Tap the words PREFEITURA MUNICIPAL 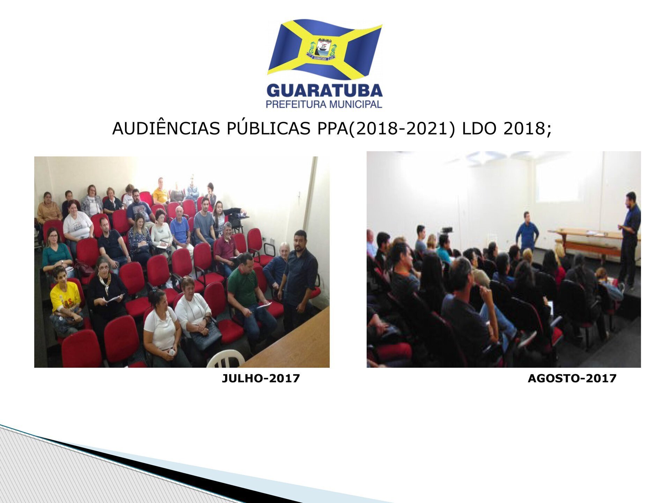coord(324,104)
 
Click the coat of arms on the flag coord(321,50)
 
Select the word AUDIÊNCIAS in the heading coord(166,129)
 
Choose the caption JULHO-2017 coord(261,378)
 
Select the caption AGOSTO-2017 coord(572,378)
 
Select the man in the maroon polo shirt coord(226,246)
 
